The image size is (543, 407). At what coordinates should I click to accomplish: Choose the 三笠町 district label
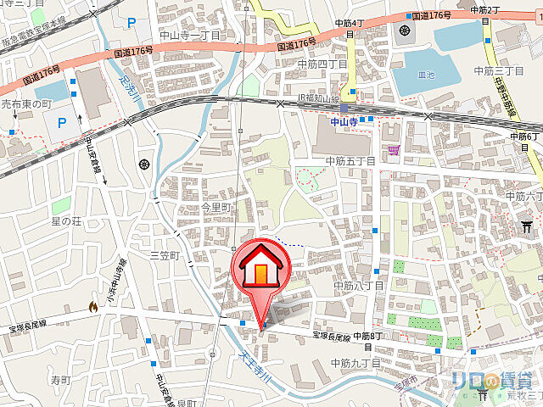(x=166, y=255)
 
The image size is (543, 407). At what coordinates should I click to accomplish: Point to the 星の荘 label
(x=66, y=222)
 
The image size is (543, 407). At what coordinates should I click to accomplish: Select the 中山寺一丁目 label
(x=191, y=35)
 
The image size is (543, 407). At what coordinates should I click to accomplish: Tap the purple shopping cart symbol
(x=393, y=150)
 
